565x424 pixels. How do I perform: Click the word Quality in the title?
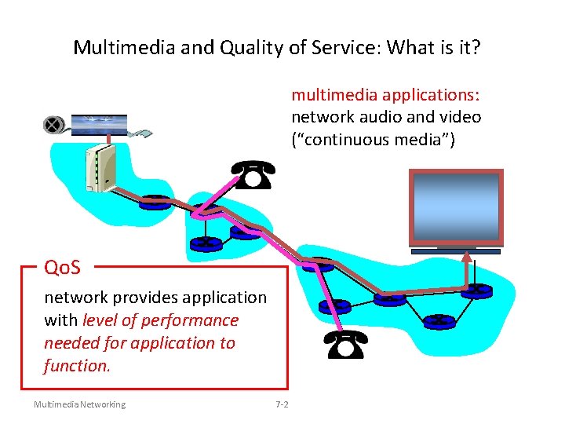(236, 48)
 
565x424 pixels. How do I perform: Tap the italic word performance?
(194, 320)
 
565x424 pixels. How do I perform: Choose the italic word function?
(77, 366)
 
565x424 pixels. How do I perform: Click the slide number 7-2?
(282, 404)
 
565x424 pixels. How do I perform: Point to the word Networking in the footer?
(101, 404)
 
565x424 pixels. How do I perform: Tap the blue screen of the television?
(457, 208)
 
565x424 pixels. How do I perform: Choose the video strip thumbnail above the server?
(99, 124)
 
